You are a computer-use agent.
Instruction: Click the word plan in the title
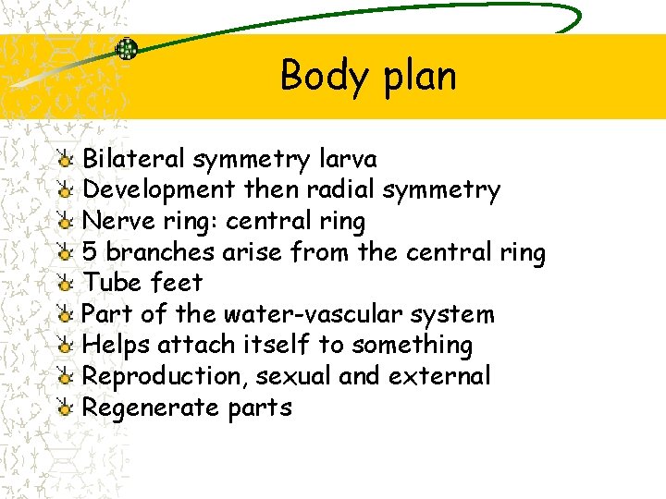point(417,76)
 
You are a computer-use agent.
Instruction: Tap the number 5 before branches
point(91,252)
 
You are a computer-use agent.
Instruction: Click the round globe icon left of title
point(127,50)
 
